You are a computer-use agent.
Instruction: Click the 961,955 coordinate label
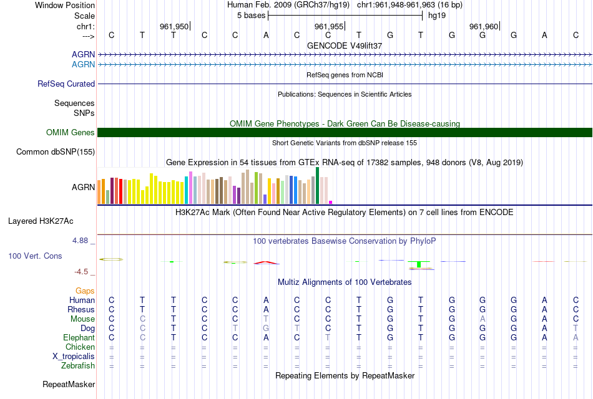[x=329, y=26]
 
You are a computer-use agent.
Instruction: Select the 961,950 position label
[x=174, y=26]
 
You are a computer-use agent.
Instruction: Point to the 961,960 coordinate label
[x=484, y=26]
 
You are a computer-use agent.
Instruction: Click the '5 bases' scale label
[x=251, y=16]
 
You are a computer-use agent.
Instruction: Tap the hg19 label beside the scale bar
[x=437, y=16]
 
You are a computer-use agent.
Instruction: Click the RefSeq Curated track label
[x=66, y=84]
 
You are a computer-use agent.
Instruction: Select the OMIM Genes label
[x=71, y=132]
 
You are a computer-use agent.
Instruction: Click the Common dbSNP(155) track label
[x=56, y=151]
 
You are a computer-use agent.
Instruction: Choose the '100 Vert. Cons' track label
[x=35, y=256]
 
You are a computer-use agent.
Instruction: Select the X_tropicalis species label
[x=74, y=357]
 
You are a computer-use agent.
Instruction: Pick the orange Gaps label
[x=85, y=291]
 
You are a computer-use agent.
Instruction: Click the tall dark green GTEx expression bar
[x=318, y=185]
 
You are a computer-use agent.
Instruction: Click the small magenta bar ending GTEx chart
[x=331, y=202]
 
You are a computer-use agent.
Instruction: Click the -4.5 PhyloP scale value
[x=81, y=272]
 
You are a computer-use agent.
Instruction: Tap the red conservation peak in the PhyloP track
[x=266, y=262]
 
